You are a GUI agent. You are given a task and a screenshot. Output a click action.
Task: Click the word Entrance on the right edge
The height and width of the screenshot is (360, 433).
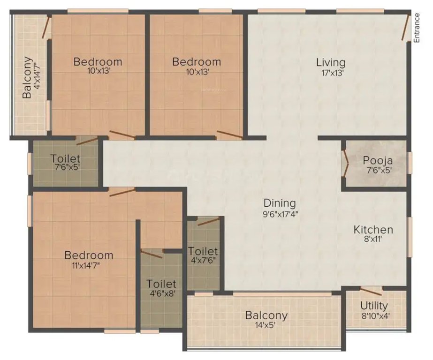417,29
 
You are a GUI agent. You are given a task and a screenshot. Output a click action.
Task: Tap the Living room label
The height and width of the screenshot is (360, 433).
330,62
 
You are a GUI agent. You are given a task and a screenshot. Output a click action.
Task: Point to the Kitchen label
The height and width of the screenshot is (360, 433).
373,230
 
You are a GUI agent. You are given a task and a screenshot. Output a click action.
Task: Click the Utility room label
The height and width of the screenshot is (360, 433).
374,306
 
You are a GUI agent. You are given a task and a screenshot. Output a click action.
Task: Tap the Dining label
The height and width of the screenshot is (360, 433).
280,203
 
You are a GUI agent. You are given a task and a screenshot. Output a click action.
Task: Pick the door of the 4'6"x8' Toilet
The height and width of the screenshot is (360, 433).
151,255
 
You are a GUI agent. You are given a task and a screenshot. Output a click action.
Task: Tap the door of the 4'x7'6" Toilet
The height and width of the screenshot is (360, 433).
208,221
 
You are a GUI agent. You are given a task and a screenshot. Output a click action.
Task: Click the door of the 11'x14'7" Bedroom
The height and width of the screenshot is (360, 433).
122,192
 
